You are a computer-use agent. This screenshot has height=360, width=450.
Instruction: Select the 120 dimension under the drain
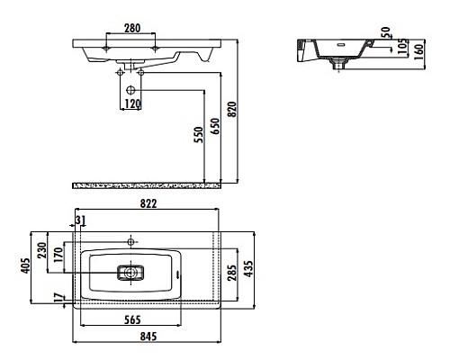pos(131,103)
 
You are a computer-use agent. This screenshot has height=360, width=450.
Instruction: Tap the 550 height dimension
pos(199,137)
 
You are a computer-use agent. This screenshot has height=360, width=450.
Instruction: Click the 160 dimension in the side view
pos(419,49)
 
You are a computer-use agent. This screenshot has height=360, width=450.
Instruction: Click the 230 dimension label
pos(42,249)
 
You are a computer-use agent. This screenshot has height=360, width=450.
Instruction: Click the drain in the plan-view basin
pos(132,271)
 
